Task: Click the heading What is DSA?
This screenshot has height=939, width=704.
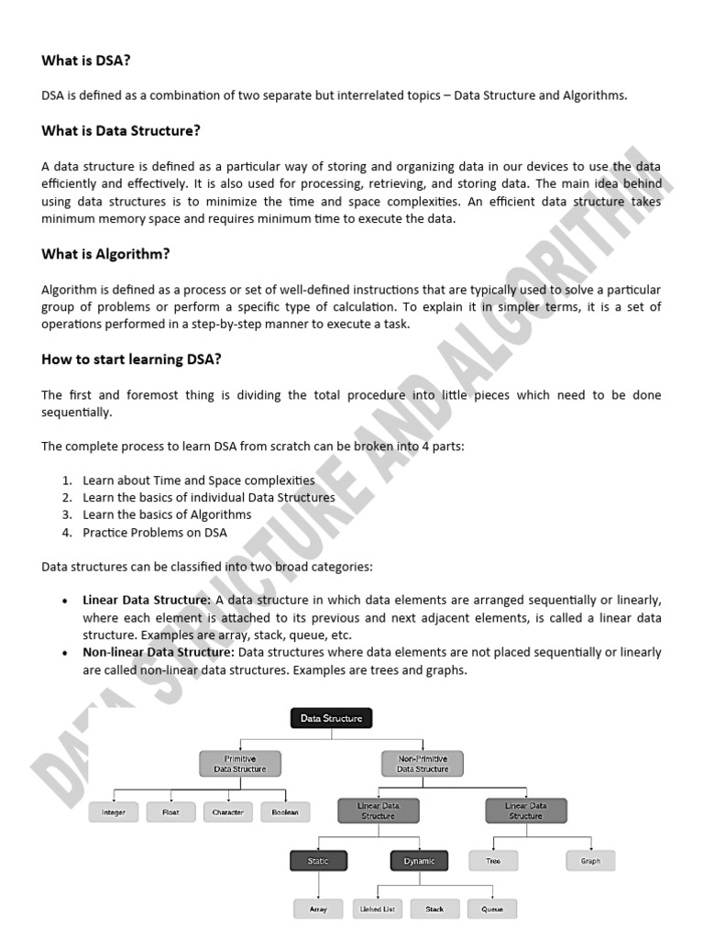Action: pyautogui.click(x=86, y=61)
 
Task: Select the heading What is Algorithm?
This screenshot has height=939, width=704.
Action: pyautogui.click(x=105, y=254)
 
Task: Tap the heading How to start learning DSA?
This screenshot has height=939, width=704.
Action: pyautogui.click(x=131, y=359)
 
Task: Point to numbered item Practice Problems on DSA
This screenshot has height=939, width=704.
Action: pyautogui.click(x=154, y=532)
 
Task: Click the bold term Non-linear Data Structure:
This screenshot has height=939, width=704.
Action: pyautogui.click(x=159, y=653)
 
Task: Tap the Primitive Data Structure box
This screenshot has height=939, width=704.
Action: pyautogui.click(x=239, y=764)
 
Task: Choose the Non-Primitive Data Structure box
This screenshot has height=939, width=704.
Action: pyautogui.click(x=423, y=764)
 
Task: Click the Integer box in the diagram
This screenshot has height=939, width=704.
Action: pyautogui.click(x=114, y=812)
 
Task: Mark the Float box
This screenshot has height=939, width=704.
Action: pyautogui.click(x=170, y=812)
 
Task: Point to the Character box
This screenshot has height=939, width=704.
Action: pyautogui.click(x=228, y=812)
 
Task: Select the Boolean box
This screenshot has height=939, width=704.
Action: pyautogui.click(x=285, y=812)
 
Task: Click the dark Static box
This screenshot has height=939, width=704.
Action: pyautogui.click(x=319, y=861)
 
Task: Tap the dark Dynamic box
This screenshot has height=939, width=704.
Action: pyautogui.click(x=419, y=861)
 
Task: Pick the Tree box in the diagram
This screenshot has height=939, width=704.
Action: pyautogui.click(x=493, y=861)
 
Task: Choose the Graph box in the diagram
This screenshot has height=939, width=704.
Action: pyautogui.click(x=590, y=861)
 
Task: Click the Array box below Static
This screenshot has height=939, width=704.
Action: pyautogui.click(x=318, y=909)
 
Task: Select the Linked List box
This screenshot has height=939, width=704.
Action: pyautogui.click(x=378, y=909)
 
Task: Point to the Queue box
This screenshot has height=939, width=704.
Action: pyautogui.click(x=492, y=909)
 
